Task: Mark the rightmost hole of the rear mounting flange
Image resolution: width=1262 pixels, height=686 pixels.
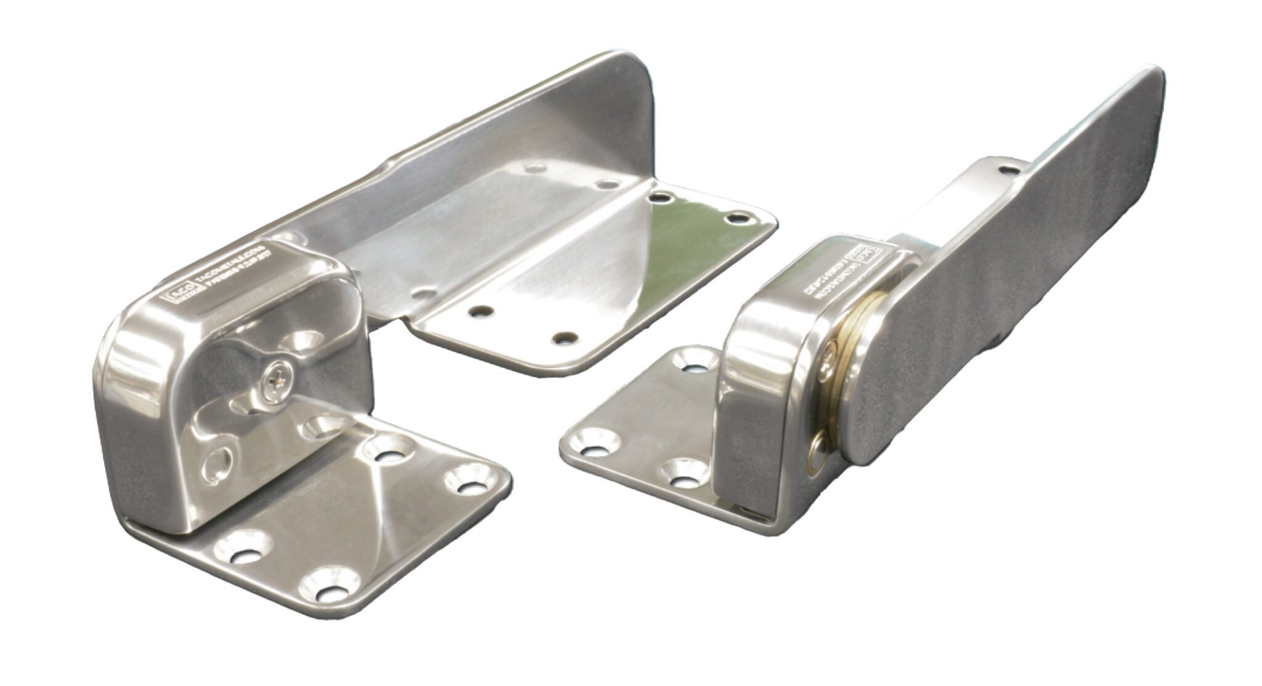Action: tap(735, 218)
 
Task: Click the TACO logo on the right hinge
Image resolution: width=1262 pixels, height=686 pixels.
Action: tap(862, 258)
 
